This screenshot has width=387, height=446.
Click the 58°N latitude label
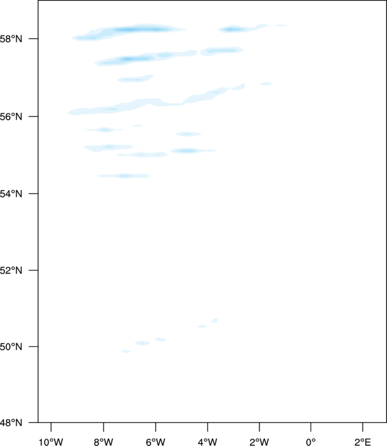[11, 39]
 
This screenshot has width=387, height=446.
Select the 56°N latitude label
[11, 117]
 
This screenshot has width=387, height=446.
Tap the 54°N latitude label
[11, 194]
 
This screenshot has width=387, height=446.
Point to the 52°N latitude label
[11, 270]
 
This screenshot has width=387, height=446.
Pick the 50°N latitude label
[11, 347]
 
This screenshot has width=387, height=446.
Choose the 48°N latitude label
[11, 423]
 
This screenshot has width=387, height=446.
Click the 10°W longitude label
[51, 442]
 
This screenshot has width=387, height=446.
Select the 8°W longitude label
[104, 442]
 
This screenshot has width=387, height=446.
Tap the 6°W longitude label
[155, 442]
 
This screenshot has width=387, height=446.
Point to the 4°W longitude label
[208, 442]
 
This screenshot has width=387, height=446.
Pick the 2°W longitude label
[260, 442]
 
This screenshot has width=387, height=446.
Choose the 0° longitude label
[311, 442]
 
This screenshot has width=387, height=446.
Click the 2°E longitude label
[363, 442]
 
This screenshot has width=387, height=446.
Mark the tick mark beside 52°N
[33, 270]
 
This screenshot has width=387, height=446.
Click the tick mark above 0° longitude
[311, 427]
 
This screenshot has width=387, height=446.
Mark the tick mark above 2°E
[363, 427]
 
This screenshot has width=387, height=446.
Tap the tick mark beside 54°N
[33, 194]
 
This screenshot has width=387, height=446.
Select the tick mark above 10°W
[51, 427]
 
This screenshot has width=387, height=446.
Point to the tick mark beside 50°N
[33, 347]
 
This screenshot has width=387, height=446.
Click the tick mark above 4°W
[208, 427]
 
